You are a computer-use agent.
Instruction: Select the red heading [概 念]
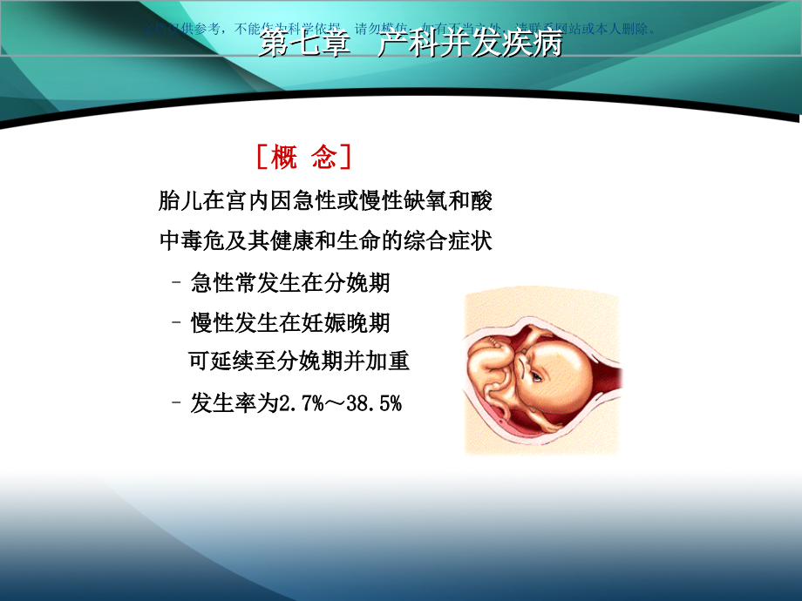(x=304, y=158)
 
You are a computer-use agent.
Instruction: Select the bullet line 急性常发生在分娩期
(x=289, y=283)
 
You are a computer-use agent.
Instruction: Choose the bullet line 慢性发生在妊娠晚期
(x=289, y=323)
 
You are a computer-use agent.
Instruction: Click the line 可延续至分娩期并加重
(x=299, y=361)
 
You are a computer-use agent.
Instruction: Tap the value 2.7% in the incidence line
(x=299, y=402)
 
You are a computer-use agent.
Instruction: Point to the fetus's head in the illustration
(x=558, y=366)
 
